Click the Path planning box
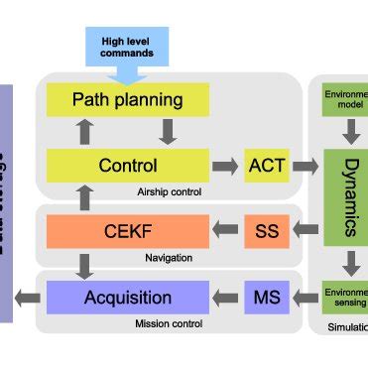[x=128, y=99]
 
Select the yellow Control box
[x=128, y=165]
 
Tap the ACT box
[x=267, y=165]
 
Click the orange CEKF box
[x=128, y=232]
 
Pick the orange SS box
[x=267, y=232]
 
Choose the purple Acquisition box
[x=128, y=297]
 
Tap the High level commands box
[x=127, y=48]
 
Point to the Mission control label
[x=165, y=322]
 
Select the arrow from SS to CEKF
[x=227, y=232]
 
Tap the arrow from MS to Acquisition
[x=227, y=297]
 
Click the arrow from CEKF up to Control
[x=86, y=198]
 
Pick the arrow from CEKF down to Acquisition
[x=86, y=265]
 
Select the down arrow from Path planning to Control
[x=168, y=132]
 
